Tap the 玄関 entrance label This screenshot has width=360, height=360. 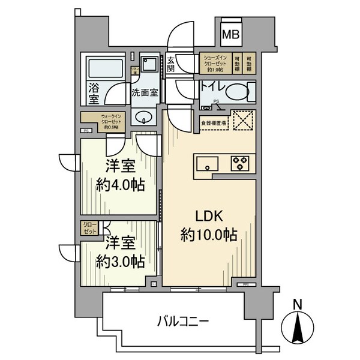(171, 64)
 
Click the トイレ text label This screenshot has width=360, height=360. (212, 88)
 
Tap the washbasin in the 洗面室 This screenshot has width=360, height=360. (143, 116)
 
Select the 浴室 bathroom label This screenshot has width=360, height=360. (94, 92)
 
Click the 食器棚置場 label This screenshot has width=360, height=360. (213, 124)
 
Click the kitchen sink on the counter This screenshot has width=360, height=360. (207, 163)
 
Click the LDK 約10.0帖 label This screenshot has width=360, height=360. (209, 225)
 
